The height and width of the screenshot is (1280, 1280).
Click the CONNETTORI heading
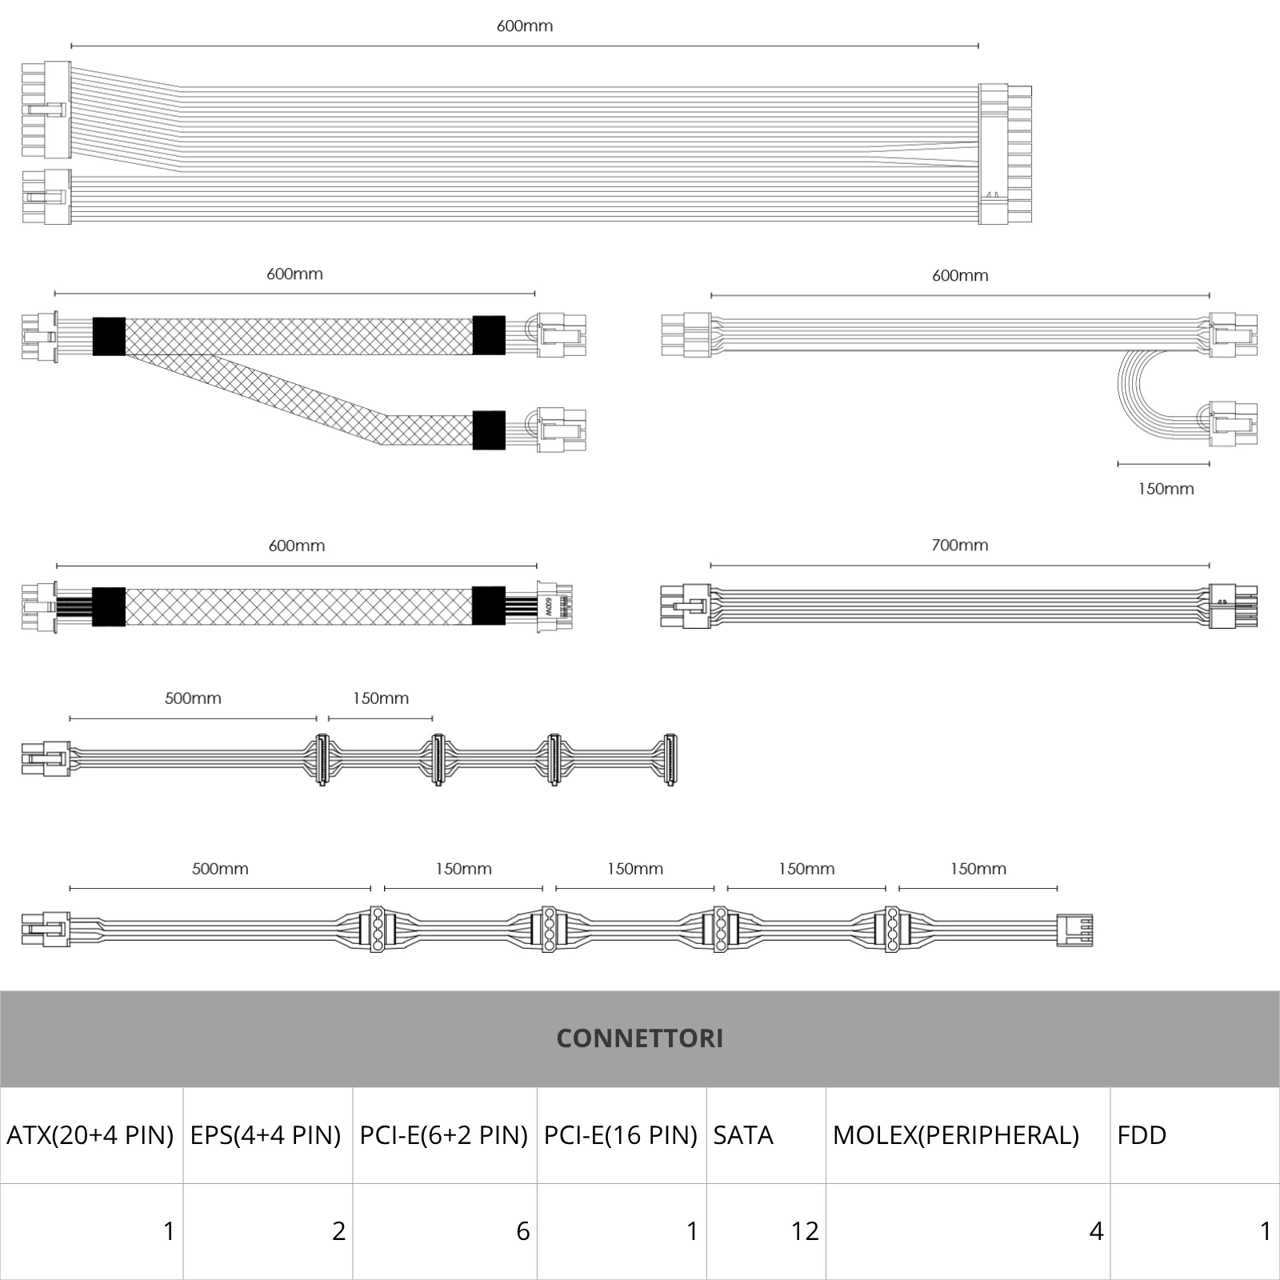[639, 1038]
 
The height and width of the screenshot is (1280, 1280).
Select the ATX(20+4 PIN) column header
[90, 1135]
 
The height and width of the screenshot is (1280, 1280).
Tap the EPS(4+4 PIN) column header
[266, 1135]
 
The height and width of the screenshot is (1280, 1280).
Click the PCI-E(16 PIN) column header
[621, 1135]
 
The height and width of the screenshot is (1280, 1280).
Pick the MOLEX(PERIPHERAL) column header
[956, 1135]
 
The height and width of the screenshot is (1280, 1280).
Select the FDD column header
[1142, 1135]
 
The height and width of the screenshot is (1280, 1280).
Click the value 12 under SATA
[805, 1231]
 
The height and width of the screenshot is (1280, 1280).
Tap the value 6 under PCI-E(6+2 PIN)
[523, 1231]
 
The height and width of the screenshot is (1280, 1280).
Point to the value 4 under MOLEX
[1096, 1231]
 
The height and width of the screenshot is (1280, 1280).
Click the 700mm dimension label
[960, 546]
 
